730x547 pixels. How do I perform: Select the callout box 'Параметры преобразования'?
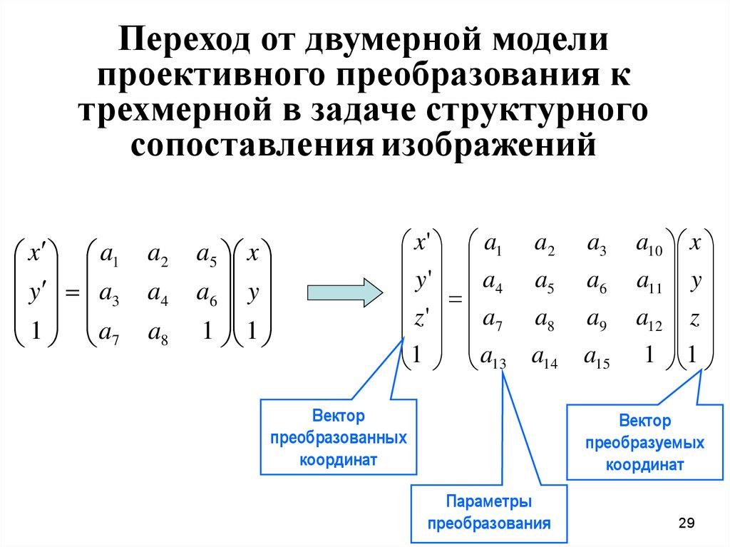point(488,512)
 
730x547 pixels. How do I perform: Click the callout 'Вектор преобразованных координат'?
point(338,437)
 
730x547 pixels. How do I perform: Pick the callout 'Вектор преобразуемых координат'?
point(644,442)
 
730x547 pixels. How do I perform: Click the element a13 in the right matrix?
point(493,357)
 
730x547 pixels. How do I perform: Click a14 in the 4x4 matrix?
point(546,357)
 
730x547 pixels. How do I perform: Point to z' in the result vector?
point(421,320)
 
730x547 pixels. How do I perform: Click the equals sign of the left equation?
point(71,292)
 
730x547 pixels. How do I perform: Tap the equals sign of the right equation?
point(456,302)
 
